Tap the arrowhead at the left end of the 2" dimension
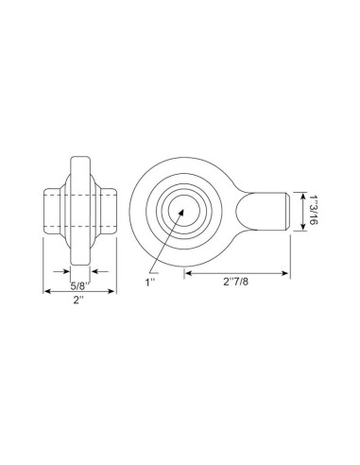point(46,290)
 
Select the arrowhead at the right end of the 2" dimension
point(115,290)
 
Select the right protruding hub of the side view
point(108,210)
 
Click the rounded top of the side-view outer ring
point(80,157)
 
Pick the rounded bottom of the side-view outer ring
point(80,262)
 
